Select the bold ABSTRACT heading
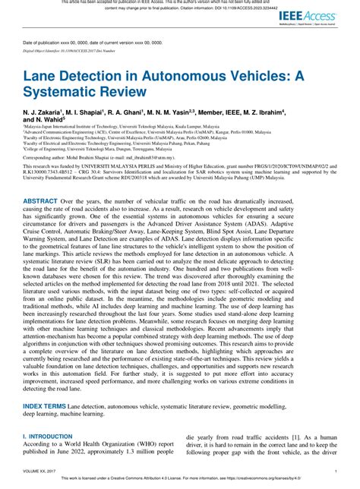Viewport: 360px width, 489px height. pos(44,200)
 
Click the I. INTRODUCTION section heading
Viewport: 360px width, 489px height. pos(52,436)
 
